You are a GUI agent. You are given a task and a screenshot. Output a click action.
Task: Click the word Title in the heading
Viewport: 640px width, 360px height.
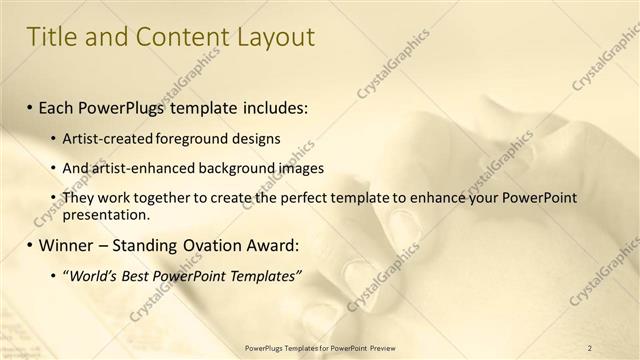coord(50,38)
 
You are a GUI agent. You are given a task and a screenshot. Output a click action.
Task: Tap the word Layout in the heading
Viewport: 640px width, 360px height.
coord(272,38)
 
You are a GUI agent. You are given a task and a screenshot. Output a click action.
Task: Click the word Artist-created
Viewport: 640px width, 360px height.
coord(105,138)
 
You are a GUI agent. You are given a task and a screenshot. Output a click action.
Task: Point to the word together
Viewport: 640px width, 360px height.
coord(165,198)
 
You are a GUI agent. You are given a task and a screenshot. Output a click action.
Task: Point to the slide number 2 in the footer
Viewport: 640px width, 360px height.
coord(589,348)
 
